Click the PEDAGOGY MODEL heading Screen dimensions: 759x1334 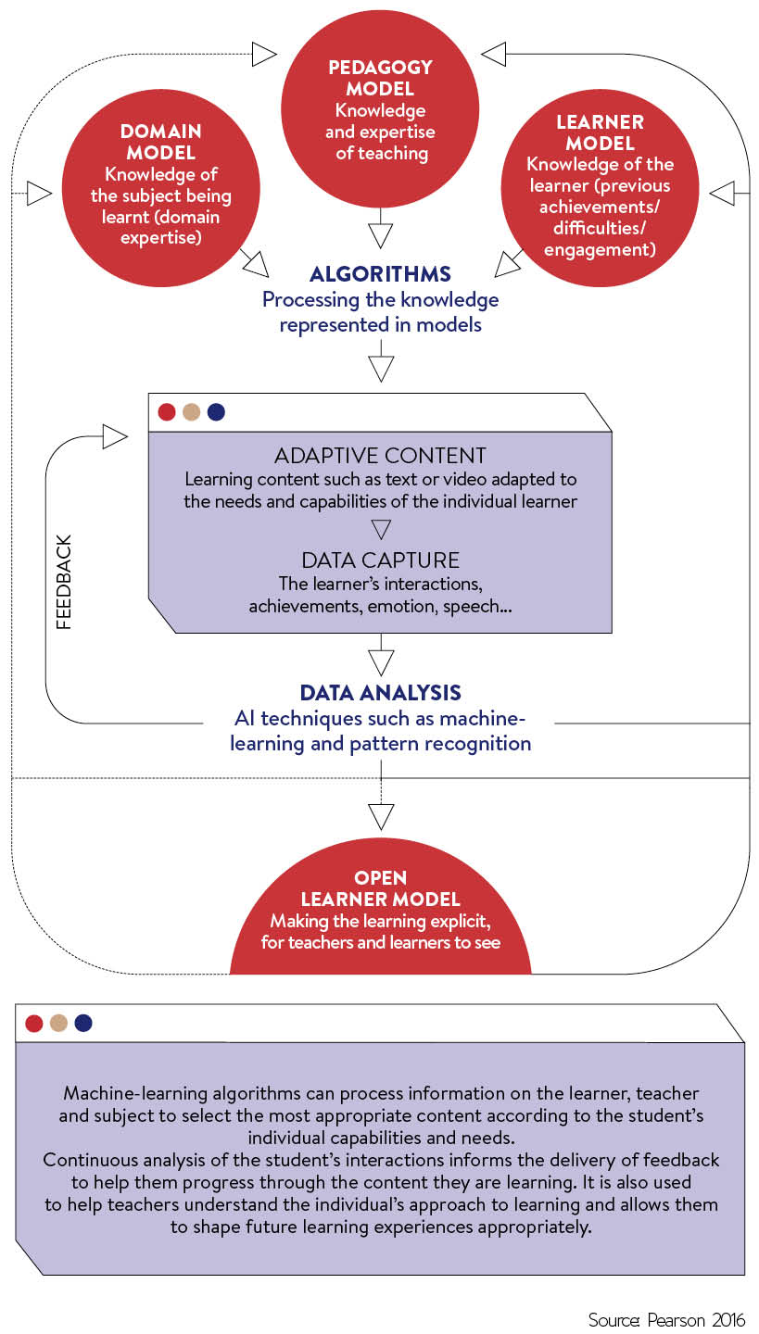click(380, 78)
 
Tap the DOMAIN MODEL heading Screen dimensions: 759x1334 click(161, 142)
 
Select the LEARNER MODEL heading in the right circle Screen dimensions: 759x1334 click(600, 132)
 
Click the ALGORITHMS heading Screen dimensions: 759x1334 click(380, 274)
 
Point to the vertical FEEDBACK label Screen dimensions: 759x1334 click(64, 582)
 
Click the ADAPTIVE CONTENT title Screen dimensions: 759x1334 click(380, 456)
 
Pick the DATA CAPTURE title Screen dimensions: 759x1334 click(380, 560)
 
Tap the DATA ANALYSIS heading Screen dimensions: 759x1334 click(380, 693)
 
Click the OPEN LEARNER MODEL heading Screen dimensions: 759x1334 click(380, 887)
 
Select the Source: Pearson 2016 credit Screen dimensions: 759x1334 click(666, 1320)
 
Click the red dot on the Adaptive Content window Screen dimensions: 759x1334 click(167, 412)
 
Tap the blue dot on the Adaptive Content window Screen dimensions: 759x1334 click(216, 412)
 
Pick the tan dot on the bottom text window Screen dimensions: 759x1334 click(58, 1023)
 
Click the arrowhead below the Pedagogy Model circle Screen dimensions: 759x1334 click(380, 235)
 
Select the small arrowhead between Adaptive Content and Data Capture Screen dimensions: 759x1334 click(381, 529)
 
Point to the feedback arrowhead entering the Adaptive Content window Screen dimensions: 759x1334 click(115, 436)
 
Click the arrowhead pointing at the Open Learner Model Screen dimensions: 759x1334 click(381, 817)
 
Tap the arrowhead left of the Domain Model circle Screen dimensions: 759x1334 click(40, 193)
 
